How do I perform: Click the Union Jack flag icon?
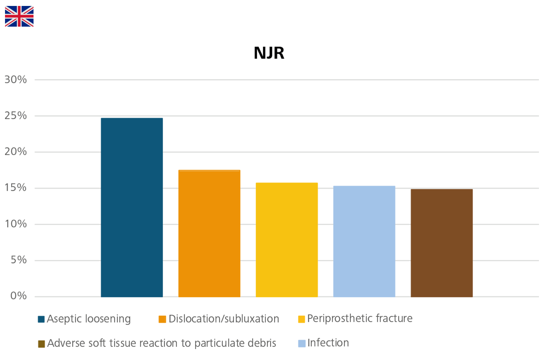click(x=19, y=16)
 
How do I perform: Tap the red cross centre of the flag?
click(x=19, y=16)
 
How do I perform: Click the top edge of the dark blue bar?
click(x=132, y=117)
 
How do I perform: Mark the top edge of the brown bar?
click(x=442, y=189)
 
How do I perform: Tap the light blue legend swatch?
click(x=297, y=340)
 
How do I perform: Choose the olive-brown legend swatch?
click(x=26, y=341)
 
